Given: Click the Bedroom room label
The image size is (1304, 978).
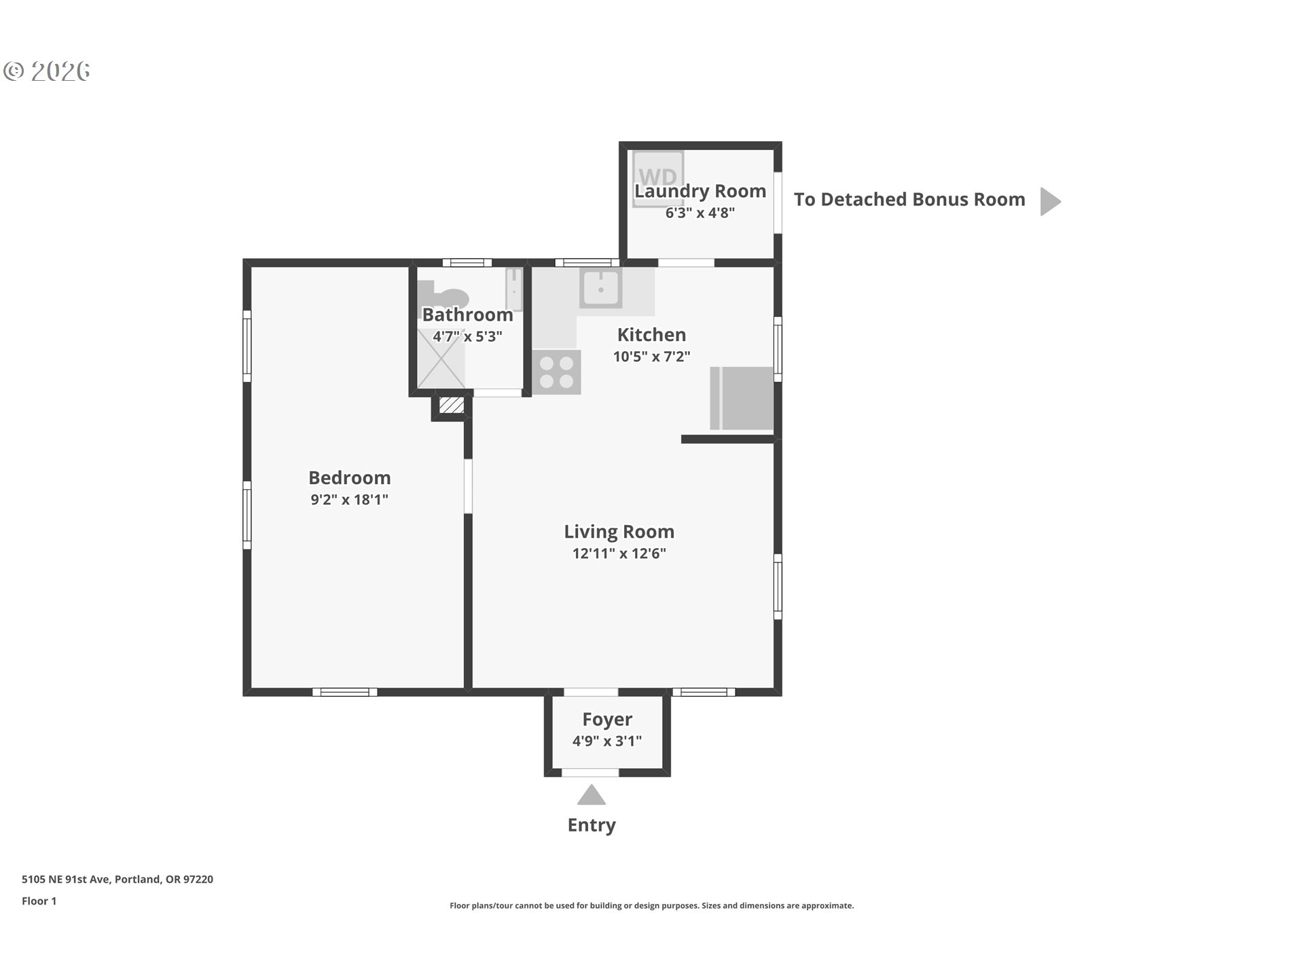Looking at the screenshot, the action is click(349, 477).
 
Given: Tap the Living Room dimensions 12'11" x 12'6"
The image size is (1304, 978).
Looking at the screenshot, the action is click(619, 554).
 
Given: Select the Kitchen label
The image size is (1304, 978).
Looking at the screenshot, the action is click(651, 335).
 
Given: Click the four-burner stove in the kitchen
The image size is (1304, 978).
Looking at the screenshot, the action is click(557, 372).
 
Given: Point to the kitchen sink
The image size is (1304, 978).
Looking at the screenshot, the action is click(600, 288).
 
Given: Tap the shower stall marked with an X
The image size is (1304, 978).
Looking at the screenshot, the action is click(441, 359).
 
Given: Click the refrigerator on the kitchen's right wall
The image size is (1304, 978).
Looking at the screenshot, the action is click(742, 398).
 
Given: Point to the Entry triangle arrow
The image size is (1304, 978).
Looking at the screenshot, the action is click(592, 795).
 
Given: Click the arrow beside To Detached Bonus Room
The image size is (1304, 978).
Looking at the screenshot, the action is click(1050, 201).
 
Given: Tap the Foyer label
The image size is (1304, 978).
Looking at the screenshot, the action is click(607, 719).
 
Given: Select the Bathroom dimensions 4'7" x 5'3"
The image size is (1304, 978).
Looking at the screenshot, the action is click(467, 336).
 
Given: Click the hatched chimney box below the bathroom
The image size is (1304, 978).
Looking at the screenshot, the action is click(451, 405).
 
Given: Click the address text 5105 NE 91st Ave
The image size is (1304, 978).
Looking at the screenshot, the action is click(65, 880).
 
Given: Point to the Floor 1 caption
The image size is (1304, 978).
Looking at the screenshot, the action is click(39, 901).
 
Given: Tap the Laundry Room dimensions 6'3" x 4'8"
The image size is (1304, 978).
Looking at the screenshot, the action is click(700, 213).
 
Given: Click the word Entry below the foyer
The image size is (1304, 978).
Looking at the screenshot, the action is click(592, 825).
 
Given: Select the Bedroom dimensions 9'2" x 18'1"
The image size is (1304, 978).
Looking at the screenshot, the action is click(349, 500).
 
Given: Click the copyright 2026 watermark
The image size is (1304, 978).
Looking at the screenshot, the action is click(47, 71).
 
